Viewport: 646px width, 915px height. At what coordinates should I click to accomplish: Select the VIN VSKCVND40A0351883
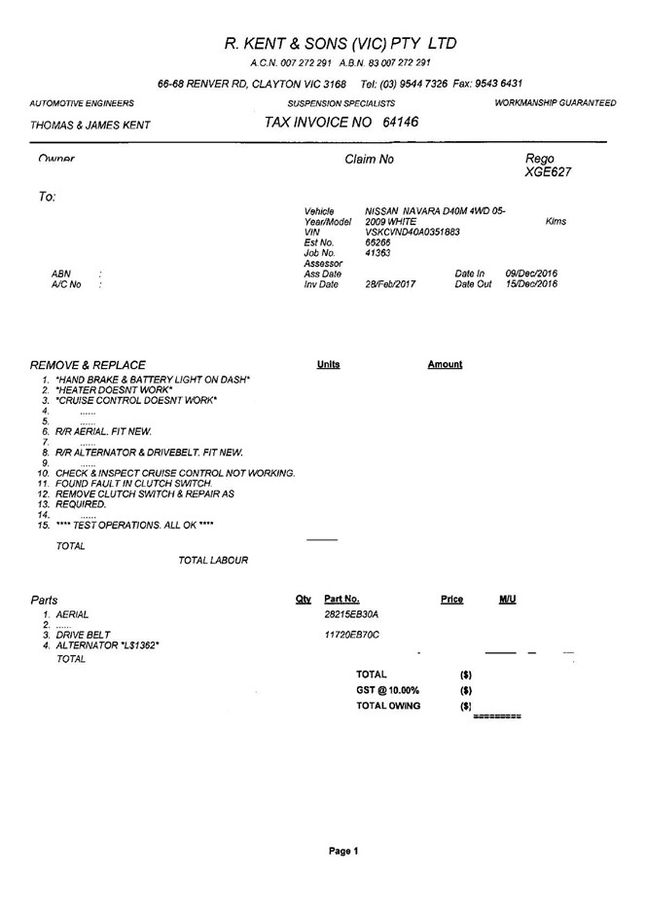click(x=413, y=232)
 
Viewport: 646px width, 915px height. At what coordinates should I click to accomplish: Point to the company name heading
click(x=340, y=44)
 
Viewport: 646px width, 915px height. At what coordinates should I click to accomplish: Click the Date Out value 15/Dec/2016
click(x=531, y=284)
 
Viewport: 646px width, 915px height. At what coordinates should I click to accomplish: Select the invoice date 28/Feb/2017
click(x=390, y=284)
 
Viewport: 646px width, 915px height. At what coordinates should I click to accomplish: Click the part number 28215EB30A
click(x=351, y=614)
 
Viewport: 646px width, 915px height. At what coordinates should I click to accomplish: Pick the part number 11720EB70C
click(x=351, y=635)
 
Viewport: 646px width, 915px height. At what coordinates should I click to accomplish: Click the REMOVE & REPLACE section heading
click(x=89, y=365)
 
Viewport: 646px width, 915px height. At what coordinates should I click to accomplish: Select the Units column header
click(x=328, y=365)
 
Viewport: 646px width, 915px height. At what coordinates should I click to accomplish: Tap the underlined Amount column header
click(x=445, y=365)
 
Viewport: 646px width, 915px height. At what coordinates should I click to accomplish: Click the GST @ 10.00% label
click(x=388, y=689)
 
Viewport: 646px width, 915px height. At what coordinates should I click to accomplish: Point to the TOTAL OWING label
click(x=388, y=706)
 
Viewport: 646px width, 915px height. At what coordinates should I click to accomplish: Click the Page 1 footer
click(x=343, y=851)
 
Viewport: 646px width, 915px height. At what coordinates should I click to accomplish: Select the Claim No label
click(x=370, y=159)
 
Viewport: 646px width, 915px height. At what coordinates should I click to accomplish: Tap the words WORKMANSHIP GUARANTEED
click(x=555, y=102)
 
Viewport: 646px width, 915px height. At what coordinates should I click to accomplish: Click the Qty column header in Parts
click(x=303, y=600)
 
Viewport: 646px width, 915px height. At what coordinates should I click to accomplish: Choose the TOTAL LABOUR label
click(x=213, y=560)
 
